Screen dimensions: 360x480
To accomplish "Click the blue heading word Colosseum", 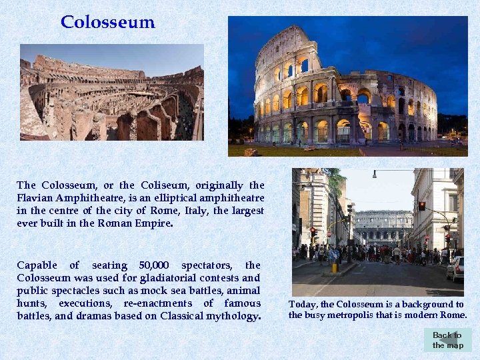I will click(107, 22).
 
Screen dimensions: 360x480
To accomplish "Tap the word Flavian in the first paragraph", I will click(36, 198).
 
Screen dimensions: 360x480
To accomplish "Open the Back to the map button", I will click(447, 340).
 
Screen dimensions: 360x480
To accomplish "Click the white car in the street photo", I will click(456, 269).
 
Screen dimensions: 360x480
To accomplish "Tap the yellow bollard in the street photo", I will click(334, 267).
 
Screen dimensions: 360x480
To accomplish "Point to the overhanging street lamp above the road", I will click(375, 174).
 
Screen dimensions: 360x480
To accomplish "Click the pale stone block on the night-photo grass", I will click(251, 152).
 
